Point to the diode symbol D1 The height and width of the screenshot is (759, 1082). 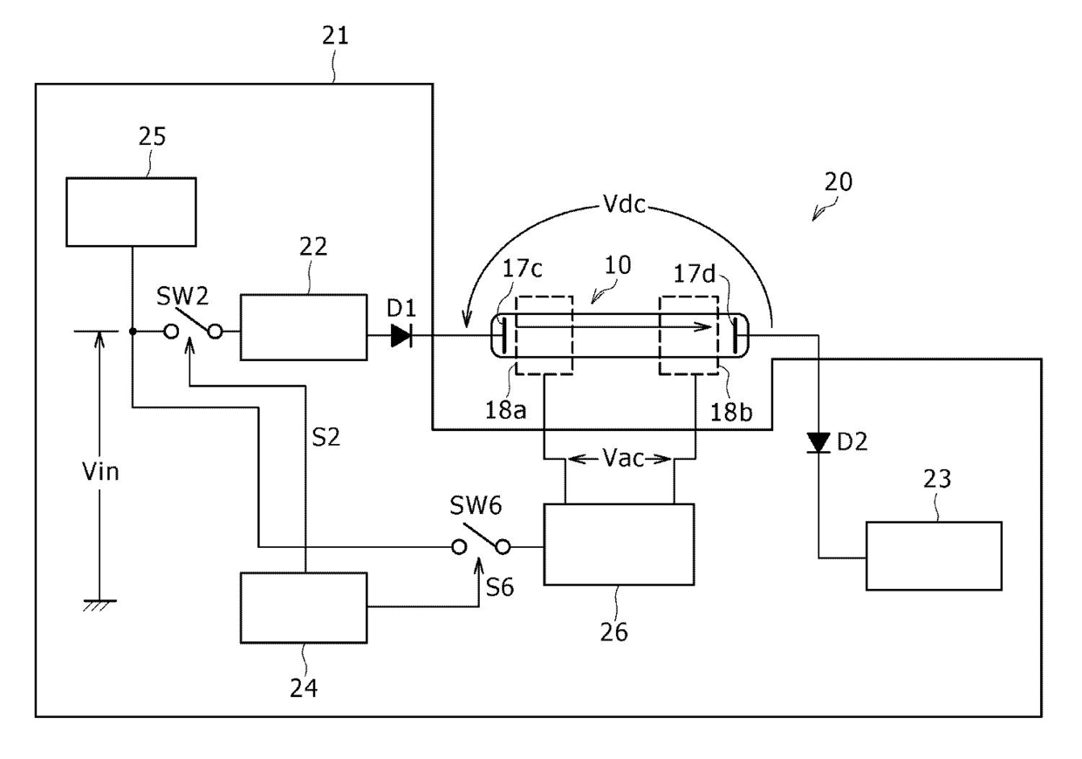(x=401, y=336)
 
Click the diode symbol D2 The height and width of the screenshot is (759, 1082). (x=818, y=443)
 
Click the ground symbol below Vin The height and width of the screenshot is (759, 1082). (x=99, y=605)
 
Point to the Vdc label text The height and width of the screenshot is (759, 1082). (x=624, y=204)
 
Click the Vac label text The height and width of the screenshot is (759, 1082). (x=623, y=458)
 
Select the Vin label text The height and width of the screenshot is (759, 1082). (x=100, y=471)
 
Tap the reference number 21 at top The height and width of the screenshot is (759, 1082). (x=335, y=37)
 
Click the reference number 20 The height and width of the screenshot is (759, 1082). (x=838, y=182)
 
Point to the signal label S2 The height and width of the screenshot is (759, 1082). (x=326, y=437)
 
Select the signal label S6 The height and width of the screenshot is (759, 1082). (x=500, y=587)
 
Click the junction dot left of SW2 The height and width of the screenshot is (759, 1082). (x=133, y=332)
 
